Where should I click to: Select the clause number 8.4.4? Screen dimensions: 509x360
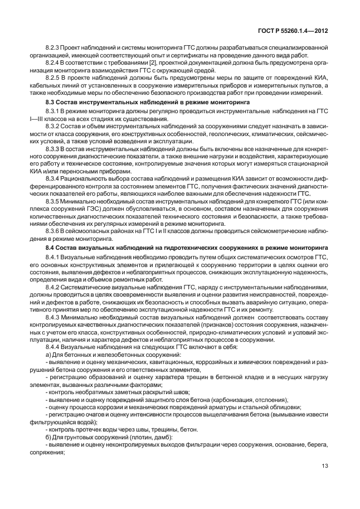[53, 346]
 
